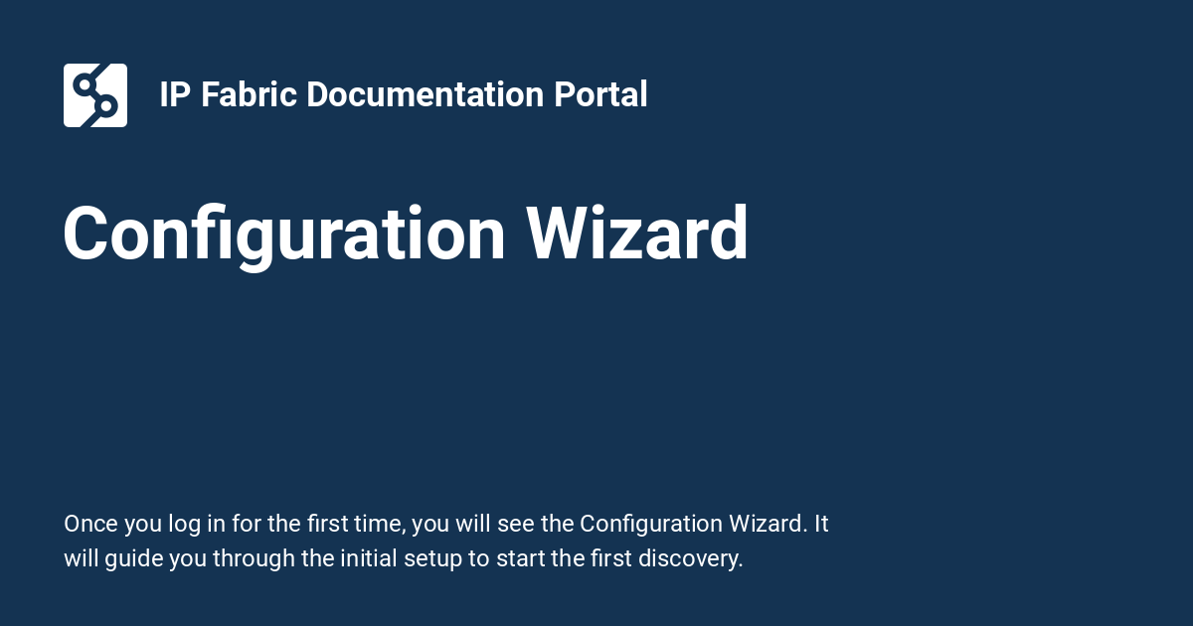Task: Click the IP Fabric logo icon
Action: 95,95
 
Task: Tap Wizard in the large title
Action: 636,235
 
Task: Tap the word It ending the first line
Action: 821,524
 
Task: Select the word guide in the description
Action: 134,558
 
